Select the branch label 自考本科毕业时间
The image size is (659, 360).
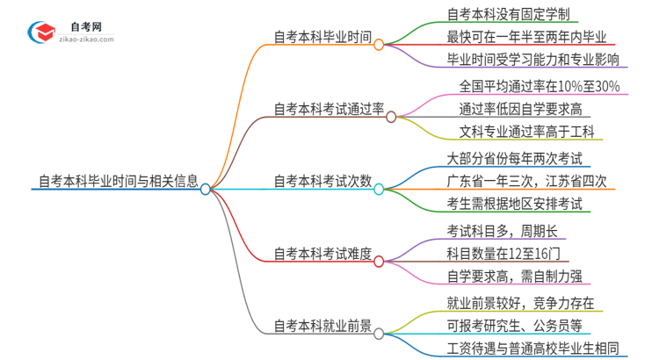point(321,39)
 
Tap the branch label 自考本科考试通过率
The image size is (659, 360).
point(328,111)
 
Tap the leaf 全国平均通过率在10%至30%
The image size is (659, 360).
point(540,86)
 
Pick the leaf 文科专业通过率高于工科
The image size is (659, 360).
point(527,133)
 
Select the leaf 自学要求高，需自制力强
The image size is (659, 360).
point(514,277)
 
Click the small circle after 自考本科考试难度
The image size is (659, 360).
point(379,262)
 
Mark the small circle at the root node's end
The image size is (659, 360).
point(206,189)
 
